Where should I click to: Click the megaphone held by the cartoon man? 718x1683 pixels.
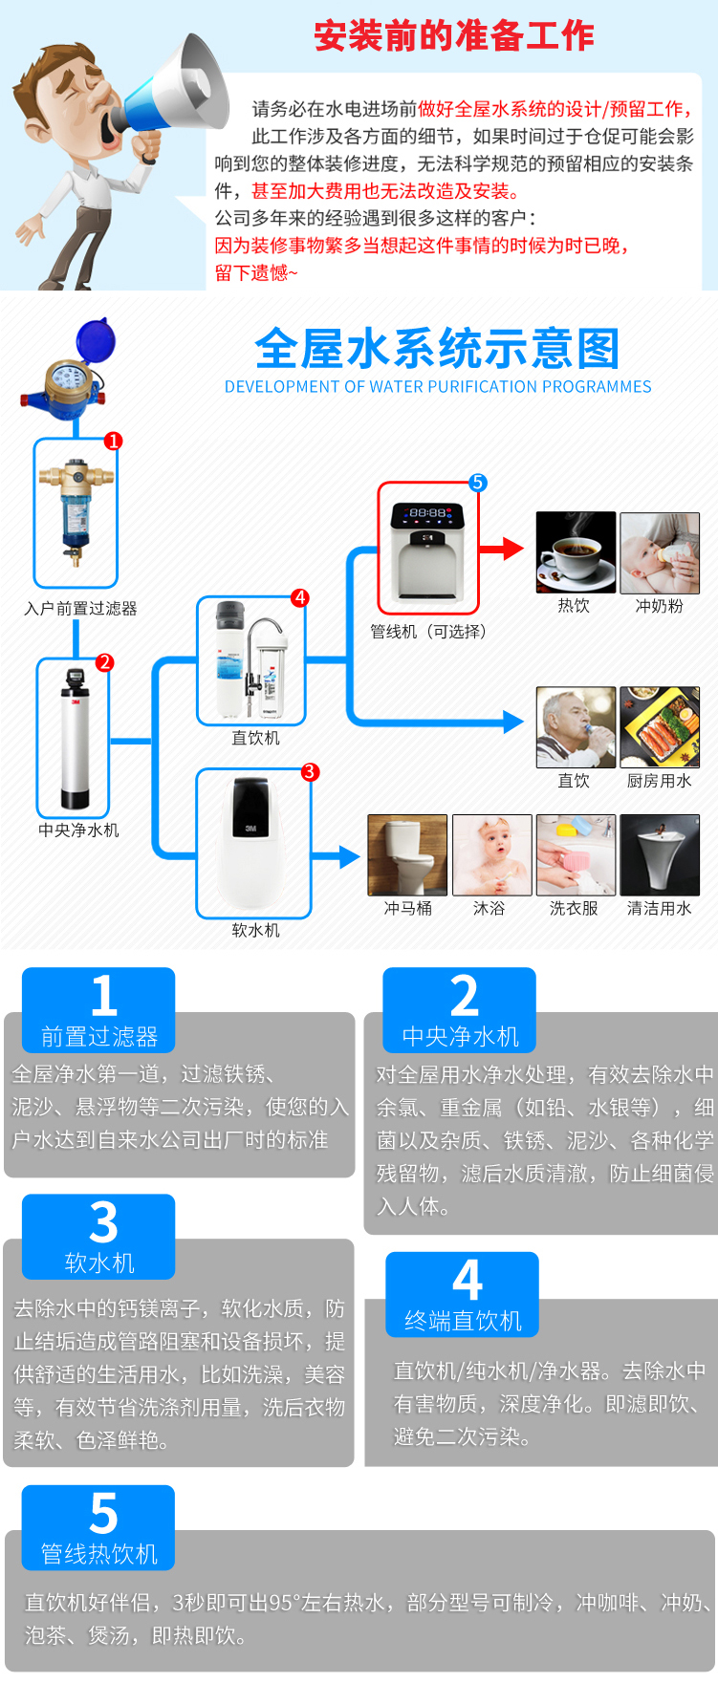182,86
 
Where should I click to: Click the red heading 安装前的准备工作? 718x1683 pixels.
454,36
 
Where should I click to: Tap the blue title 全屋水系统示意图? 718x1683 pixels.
437,349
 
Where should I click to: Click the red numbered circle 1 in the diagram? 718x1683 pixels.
114,441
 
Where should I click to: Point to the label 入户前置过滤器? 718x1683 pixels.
80,609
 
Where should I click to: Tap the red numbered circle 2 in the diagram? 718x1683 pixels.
105,662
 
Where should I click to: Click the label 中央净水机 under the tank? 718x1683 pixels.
78,831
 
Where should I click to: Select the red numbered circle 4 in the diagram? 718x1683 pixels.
300,597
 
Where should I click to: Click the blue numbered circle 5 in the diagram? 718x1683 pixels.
478,483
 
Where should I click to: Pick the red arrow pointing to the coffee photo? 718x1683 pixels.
502,549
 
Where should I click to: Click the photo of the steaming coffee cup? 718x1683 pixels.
576,552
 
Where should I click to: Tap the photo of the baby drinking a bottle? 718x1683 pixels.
660,552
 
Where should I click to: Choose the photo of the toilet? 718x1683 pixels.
407,854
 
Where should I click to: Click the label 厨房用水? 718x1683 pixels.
659,781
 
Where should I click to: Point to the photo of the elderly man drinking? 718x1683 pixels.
576,727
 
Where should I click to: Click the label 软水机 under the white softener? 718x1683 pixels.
256,930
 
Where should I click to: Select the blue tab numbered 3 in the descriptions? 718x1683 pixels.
98,1237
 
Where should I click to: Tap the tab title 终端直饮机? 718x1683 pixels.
463,1321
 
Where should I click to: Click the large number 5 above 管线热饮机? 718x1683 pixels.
103,1514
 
